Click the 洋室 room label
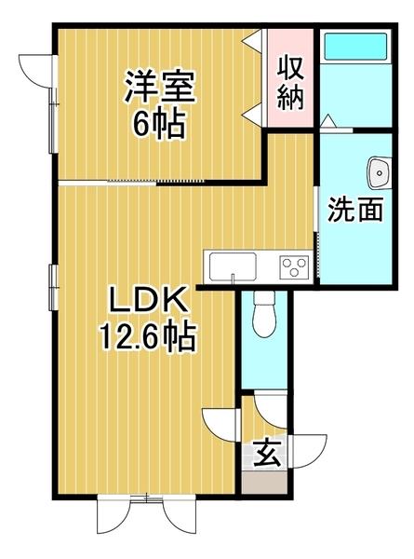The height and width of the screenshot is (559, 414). click(x=160, y=88)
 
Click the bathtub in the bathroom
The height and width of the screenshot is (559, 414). click(x=354, y=47)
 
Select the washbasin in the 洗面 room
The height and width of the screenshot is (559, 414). click(x=378, y=171)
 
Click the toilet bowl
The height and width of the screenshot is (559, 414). click(x=263, y=317)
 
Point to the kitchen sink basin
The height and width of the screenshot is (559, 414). click(x=228, y=267)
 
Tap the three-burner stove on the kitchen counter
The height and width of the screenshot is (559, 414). click(x=295, y=267)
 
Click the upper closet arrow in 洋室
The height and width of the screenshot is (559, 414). click(x=251, y=41)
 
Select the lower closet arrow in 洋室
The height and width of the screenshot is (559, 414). click(x=251, y=113)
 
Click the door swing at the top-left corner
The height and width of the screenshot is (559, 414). click(x=35, y=69)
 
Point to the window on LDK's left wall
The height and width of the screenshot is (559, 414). click(x=52, y=285)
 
